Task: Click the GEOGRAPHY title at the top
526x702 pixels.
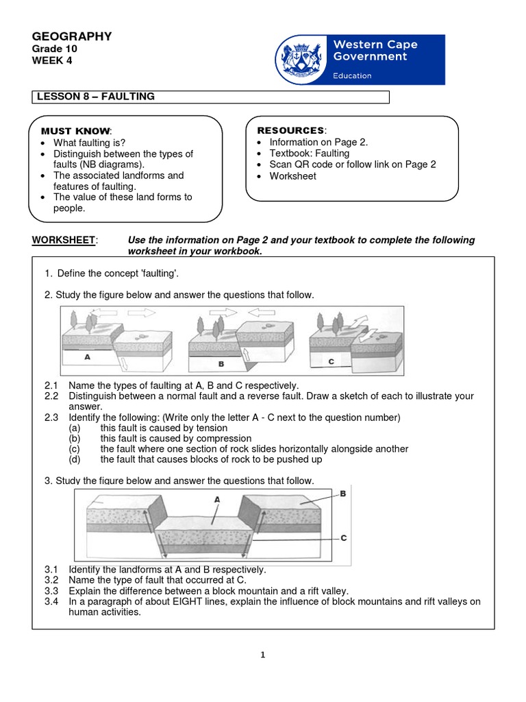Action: click(72, 36)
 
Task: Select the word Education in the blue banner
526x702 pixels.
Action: click(352, 75)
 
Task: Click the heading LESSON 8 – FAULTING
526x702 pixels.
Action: click(96, 97)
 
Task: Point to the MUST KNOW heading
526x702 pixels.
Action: click(75, 131)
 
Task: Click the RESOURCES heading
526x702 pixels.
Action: click(291, 130)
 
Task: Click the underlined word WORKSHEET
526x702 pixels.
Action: click(64, 240)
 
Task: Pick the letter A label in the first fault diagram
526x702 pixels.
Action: click(87, 357)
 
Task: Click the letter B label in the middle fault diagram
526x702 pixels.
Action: click(221, 364)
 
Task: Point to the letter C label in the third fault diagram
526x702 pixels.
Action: click(331, 361)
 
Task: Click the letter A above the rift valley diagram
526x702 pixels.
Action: click(217, 500)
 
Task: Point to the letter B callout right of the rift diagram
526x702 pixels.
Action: click(343, 493)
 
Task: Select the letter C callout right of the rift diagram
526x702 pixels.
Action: click(343, 539)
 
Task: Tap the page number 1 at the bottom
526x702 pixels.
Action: click(262, 655)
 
